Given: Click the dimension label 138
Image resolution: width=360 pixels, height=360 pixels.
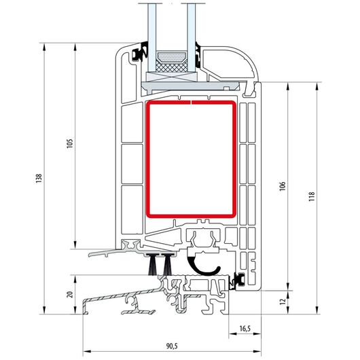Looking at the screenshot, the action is tap(39, 179).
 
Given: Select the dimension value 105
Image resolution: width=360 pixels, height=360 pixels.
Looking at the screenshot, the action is tap(70, 143).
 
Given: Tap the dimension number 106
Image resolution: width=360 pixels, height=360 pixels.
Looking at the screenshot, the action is tap(282, 186).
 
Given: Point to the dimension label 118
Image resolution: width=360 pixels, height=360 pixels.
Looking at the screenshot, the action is tap(311, 196).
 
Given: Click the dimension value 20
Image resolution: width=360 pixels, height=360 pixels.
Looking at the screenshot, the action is tap(70, 294).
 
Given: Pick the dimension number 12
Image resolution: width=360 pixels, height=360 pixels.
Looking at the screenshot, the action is tap(283, 301).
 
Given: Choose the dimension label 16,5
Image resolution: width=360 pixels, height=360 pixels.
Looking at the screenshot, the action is tap(245, 329).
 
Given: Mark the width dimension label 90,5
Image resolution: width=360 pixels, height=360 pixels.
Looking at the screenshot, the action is tap(172, 346).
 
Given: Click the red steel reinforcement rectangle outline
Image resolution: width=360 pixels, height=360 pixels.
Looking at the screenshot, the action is tap(148, 159).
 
